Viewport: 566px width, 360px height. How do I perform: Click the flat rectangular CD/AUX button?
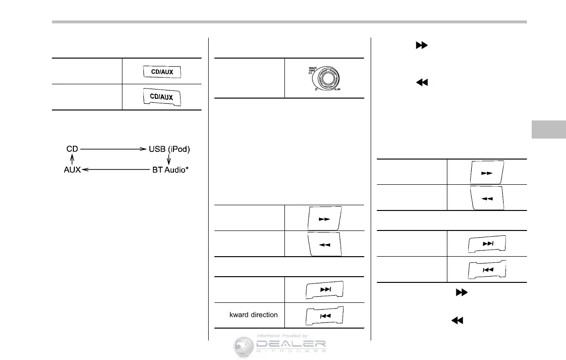[162, 72]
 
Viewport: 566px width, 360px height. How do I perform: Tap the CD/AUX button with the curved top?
[162, 98]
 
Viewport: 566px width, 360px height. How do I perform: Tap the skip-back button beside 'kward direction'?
[324, 315]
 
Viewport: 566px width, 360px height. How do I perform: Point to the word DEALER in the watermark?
[292, 344]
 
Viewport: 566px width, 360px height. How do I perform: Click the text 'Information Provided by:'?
[282, 336]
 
